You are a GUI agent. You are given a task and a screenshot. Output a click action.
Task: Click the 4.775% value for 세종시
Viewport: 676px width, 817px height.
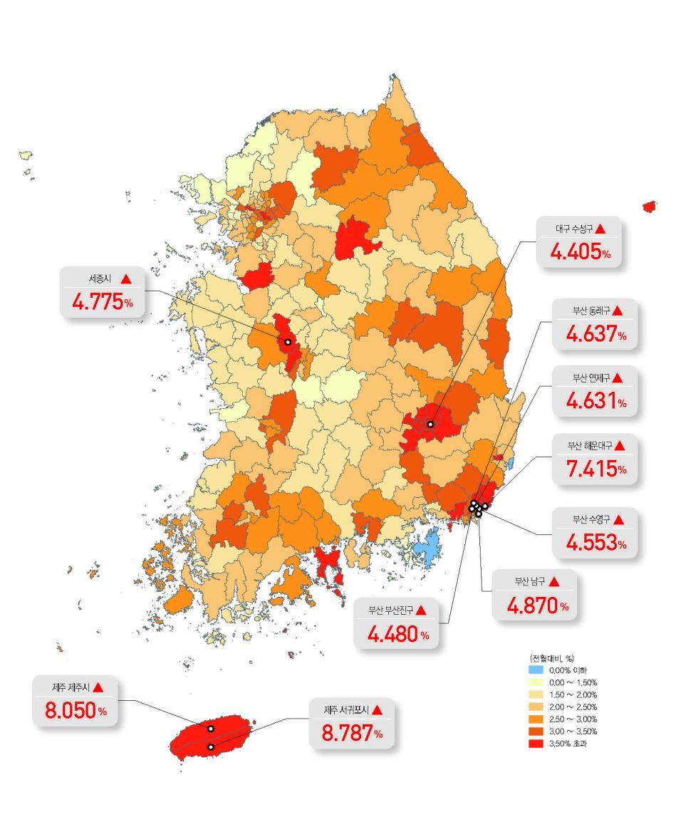[103, 301]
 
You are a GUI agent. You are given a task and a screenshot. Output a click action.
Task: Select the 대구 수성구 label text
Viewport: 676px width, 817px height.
[573, 229]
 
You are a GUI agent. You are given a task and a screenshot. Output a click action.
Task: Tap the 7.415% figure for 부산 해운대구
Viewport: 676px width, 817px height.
[596, 469]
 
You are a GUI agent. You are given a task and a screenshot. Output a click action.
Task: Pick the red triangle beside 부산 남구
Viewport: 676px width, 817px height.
[554, 582]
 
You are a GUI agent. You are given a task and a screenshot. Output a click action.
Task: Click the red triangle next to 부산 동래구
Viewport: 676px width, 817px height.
[618, 311]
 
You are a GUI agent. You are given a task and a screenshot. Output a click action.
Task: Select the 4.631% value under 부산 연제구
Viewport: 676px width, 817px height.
[596, 402]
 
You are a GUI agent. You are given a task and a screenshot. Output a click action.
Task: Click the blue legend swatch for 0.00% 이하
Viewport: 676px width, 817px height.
[536, 670]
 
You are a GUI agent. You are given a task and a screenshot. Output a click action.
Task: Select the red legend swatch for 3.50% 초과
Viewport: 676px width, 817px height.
[536, 744]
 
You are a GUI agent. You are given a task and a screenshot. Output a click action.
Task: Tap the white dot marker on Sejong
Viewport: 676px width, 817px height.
[288, 342]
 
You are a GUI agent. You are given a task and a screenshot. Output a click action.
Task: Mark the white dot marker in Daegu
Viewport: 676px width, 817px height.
[430, 425]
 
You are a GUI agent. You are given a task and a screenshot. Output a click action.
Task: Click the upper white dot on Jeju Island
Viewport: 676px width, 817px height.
[211, 729]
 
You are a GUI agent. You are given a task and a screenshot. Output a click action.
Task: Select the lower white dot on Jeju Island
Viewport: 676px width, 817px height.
[211, 746]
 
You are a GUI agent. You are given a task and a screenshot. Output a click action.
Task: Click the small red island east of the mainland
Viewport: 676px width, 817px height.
[649, 207]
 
